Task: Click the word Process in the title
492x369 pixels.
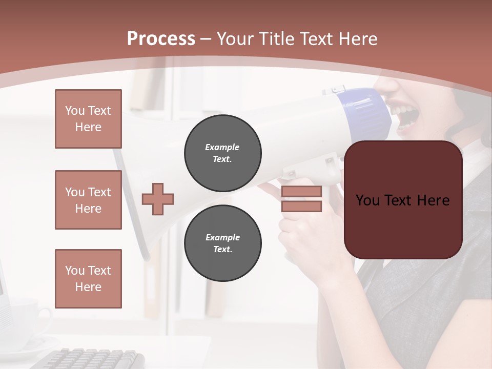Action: pyautogui.click(x=161, y=39)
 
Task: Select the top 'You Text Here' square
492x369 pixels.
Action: pyautogui.click(x=88, y=119)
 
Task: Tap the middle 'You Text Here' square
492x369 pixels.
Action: pyautogui.click(x=88, y=200)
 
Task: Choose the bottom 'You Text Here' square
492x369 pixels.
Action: pyautogui.click(x=88, y=279)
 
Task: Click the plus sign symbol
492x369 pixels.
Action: pyautogui.click(x=158, y=199)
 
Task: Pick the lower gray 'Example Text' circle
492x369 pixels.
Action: pyautogui.click(x=223, y=243)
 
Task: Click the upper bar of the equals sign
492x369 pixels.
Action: pyautogui.click(x=301, y=191)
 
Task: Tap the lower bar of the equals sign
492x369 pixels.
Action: pyautogui.click(x=301, y=206)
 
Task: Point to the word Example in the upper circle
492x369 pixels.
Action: pyautogui.click(x=222, y=147)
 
